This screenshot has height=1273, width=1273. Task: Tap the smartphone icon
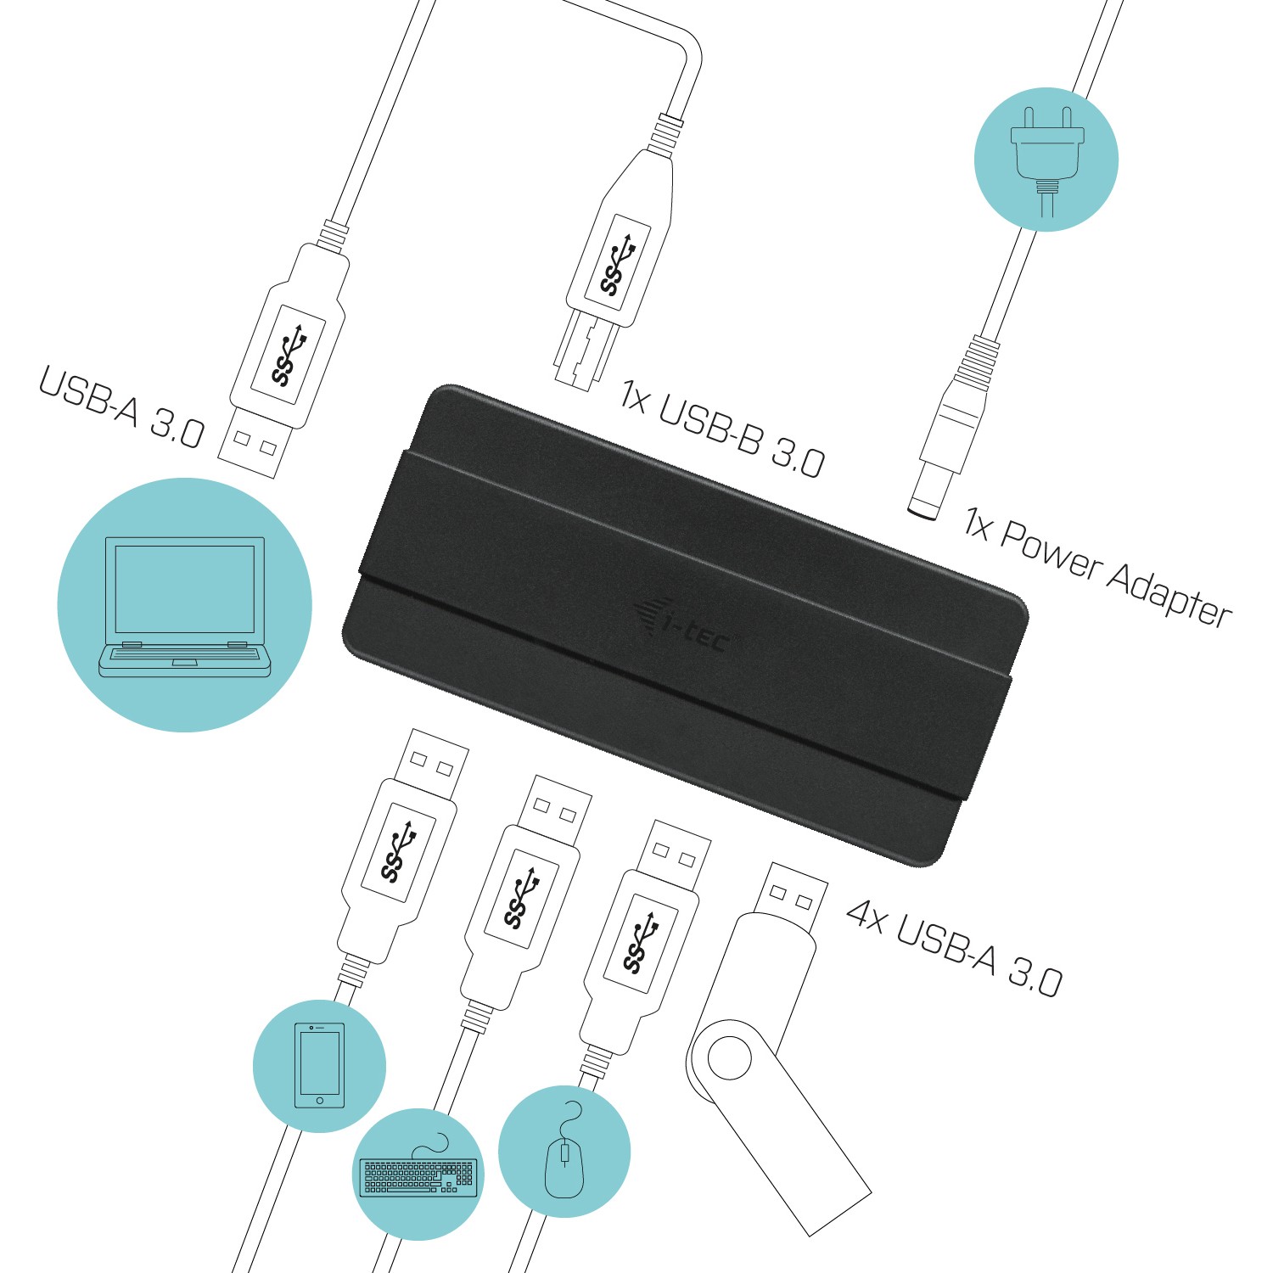319,1066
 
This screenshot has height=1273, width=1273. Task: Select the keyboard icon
418,1175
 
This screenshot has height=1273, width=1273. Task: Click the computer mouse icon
564,1159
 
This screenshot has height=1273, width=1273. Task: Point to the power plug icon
1046,157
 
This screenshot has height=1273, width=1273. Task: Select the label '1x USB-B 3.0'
721,429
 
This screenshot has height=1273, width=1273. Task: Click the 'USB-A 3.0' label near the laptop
121,407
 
